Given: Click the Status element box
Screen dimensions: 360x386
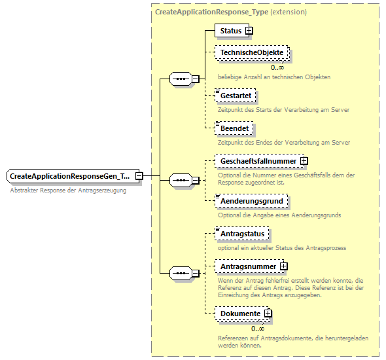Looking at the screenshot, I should [230, 31].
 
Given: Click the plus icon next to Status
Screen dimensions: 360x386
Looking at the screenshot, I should [249, 31].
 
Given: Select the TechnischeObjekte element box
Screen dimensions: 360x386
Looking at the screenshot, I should [252, 53].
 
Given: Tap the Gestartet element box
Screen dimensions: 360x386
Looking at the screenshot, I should [235, 96].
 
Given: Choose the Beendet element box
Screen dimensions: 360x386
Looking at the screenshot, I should [234, 129].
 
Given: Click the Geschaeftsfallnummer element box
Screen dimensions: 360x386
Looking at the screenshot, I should [257, 161].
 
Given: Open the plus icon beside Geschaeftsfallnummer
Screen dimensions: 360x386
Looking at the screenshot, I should [304, 161].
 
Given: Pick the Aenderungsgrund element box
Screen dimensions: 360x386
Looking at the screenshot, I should [252, 201].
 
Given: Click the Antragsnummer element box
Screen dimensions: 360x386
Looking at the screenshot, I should [247, 266].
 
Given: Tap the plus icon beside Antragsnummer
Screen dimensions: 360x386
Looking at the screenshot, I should [284, 266].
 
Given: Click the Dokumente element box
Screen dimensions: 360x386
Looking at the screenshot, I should [239, 314].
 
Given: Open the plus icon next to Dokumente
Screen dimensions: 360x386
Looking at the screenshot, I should [268, 314].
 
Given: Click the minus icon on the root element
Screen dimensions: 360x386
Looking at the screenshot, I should [139, 176].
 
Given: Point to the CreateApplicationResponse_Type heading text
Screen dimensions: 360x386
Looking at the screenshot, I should [231, 12].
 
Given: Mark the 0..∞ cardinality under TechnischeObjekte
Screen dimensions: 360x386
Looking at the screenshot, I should [277, 67].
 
